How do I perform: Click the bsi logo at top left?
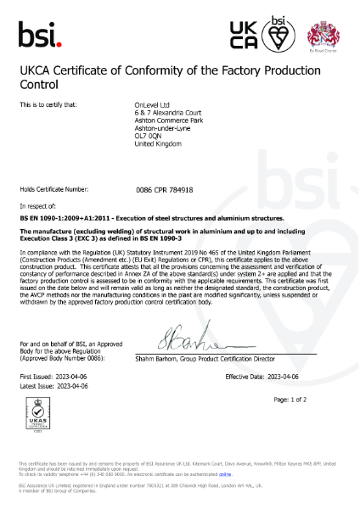pyautogui.click(x=40, y=33)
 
